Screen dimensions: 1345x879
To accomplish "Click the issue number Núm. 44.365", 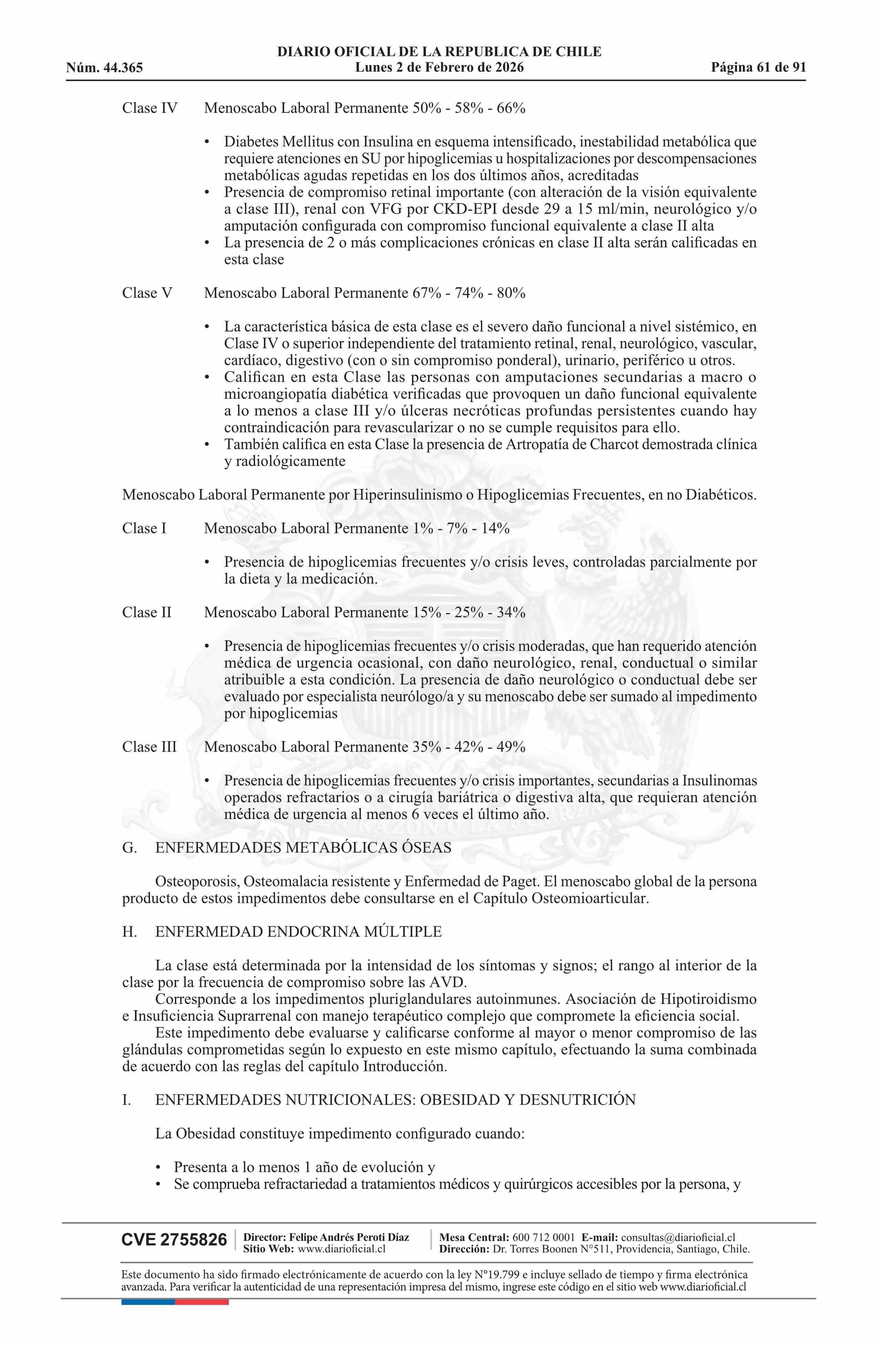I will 104,68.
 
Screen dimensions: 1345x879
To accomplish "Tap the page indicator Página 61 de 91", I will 758,68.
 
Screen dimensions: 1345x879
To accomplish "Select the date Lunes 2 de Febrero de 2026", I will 439,68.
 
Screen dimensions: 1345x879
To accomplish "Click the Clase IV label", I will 150,108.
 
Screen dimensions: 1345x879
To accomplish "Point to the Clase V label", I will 147,293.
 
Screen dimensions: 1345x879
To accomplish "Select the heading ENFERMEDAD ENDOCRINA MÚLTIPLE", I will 298,932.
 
